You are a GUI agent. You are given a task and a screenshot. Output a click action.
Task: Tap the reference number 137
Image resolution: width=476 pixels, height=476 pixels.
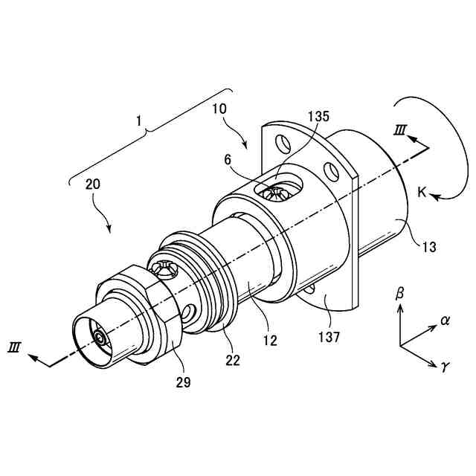pyautogui.click(x=328, y=337)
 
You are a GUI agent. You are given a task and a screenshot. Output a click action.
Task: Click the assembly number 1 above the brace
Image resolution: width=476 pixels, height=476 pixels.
pyautogui.click(x=139, y=118)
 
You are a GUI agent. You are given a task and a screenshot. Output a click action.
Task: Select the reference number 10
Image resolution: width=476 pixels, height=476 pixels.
pyautogui.click(x=220, y=109)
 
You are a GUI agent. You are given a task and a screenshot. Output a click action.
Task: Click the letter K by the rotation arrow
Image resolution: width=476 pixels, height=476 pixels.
pyautogui.click(x=422, y=193)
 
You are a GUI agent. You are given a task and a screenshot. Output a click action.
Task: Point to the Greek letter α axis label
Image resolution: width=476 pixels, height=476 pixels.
pyautogui.click(x=446, y=321)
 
